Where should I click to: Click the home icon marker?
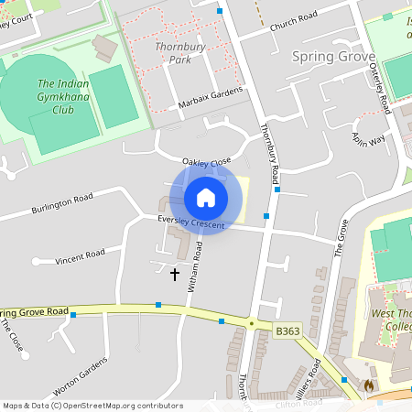206,197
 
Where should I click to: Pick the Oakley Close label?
207,162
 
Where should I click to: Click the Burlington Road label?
62,203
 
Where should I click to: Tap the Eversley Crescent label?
190,221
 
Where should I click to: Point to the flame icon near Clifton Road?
369,385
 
